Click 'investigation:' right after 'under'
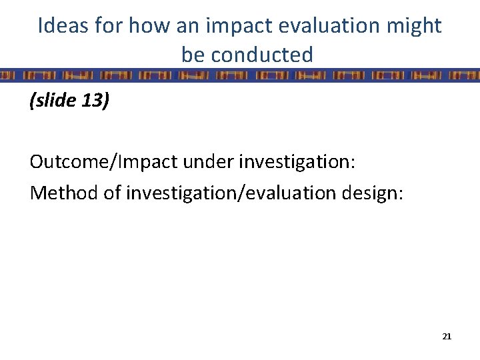(x=290, y=163)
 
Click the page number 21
(x=447, y=337)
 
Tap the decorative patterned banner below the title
(x=240, y=75)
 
